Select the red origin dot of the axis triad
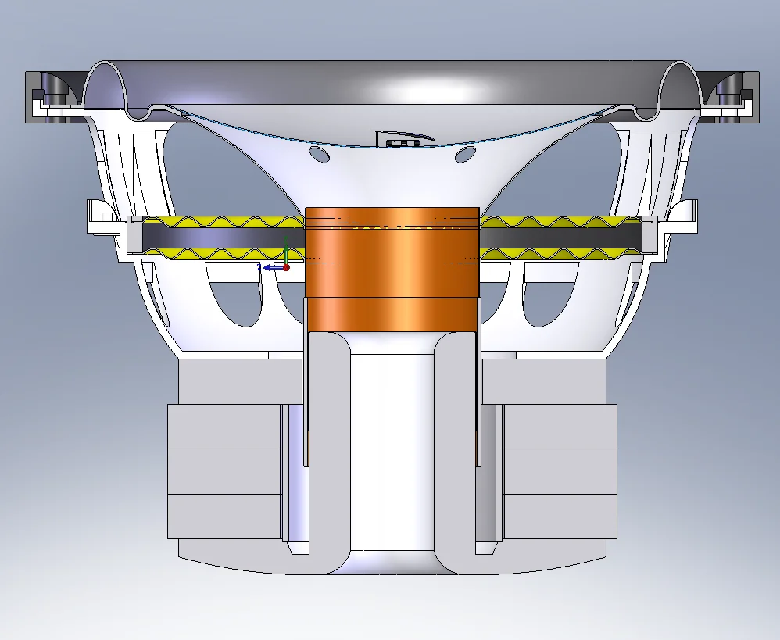(x=286, y=267)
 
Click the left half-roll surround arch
(x=106, y=78)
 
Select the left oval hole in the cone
(x=319, y=154)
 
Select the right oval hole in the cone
(x=466, y=154)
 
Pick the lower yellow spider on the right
(x=563, y=253)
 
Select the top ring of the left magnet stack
(x=225, y=427)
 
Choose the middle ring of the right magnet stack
(x=559, y=471)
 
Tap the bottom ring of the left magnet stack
(x=225, y=516)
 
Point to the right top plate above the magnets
(x=543, y=382)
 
